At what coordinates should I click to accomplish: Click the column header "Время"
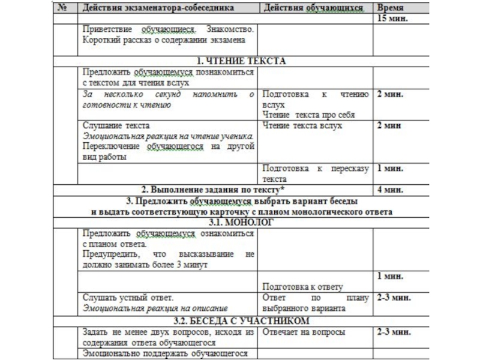391,9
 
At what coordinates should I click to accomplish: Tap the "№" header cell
62,9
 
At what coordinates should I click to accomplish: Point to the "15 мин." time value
392,19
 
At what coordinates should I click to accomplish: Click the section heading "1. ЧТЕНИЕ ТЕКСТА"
242,61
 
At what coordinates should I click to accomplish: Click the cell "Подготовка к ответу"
302,287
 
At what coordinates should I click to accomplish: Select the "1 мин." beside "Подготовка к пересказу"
389,169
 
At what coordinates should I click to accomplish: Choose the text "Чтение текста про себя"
308,115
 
